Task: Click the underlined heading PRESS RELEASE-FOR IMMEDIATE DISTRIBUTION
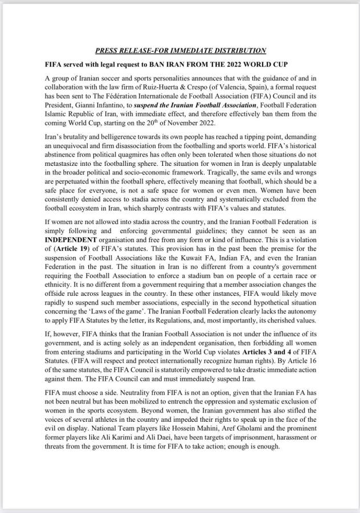click(180, 50)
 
